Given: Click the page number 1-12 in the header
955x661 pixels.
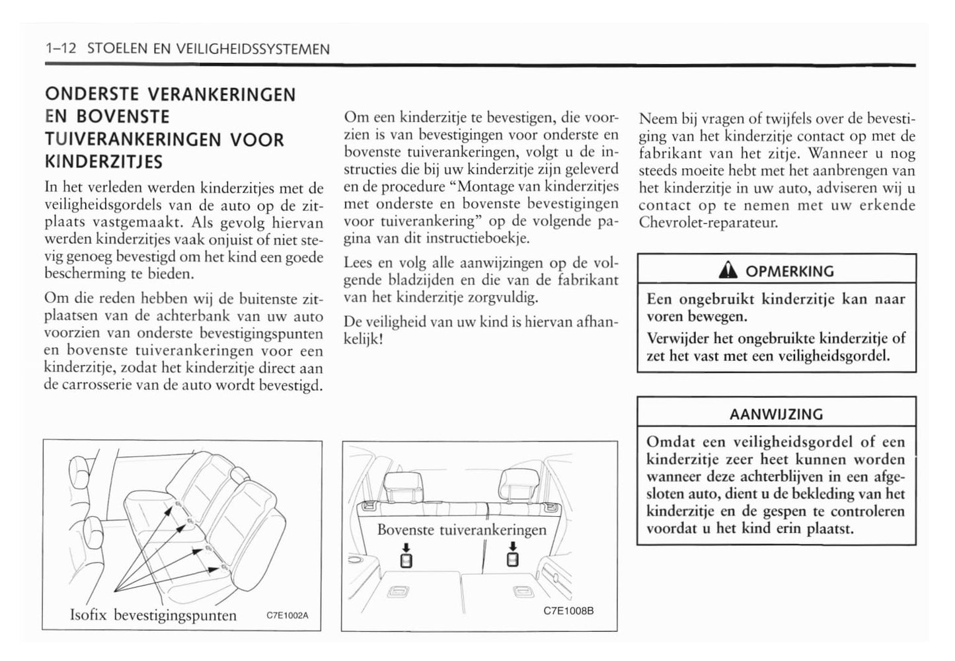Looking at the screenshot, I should coord(61,49).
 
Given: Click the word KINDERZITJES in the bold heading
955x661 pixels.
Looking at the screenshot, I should coord(104,162).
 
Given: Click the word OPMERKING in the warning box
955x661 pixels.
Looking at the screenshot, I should coord(789,271).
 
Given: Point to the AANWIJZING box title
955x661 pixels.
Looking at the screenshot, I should coord(776,414).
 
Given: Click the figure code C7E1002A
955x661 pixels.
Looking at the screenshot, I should coord(287,615).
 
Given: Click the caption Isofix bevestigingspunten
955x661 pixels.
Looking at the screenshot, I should coord(153,615).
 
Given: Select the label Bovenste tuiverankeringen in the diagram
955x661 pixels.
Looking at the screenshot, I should coord(462,529).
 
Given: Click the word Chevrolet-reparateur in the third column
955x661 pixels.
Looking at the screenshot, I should coord(708,222).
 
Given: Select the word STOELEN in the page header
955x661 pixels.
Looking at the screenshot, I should coord(114,49).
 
